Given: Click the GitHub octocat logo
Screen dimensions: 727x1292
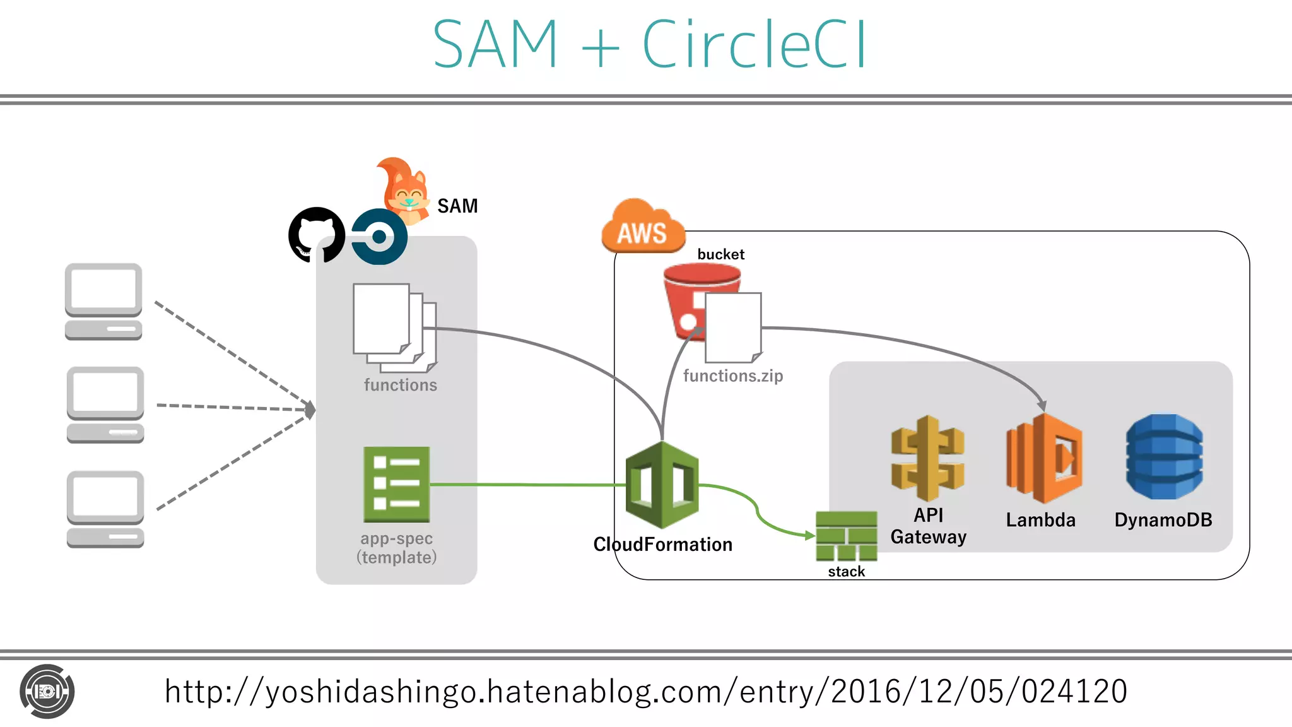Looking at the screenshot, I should click(316, 235).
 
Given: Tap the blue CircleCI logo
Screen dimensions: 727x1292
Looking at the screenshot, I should click(379, 237).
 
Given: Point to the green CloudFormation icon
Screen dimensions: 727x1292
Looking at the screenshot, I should click(662, 485).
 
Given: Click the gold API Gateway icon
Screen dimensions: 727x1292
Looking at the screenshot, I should click(927, 458).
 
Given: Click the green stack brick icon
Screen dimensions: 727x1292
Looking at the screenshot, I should click(846, 536).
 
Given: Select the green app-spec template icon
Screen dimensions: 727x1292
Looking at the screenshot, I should click(397, 484).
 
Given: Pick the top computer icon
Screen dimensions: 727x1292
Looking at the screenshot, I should click(103, 302).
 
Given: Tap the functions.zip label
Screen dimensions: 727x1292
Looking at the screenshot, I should click(733, 376).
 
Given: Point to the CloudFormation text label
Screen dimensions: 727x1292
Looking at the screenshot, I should click(662, 544).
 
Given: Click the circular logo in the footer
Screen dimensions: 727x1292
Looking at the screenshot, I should click(47, 692).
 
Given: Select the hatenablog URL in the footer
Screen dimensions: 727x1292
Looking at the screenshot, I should click(645, 691).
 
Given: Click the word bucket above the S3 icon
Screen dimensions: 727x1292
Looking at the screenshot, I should click(720, 254).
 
